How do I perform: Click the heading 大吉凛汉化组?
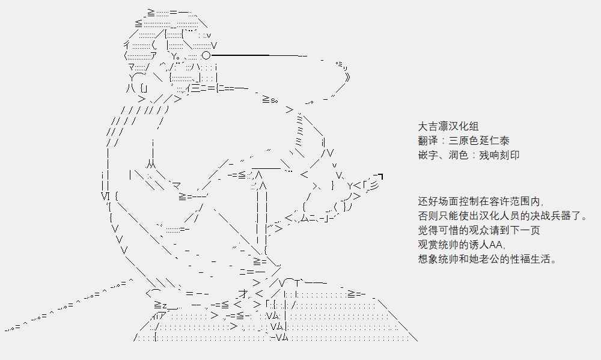[448, 127]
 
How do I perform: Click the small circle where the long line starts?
[206, 56]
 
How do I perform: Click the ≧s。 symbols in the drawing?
[270, 100]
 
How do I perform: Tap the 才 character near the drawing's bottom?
[243, 293]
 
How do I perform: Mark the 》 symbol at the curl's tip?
[347, 77]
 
